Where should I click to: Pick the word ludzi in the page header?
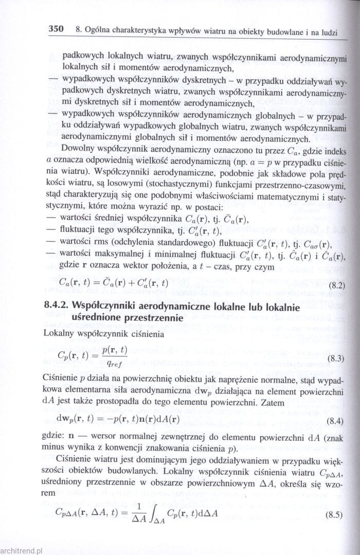click(327, 32)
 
